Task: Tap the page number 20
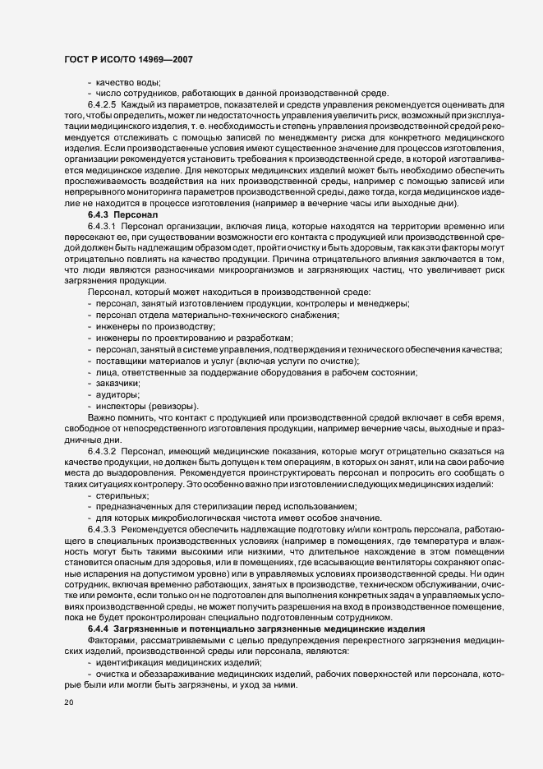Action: [x=69, y=703]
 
